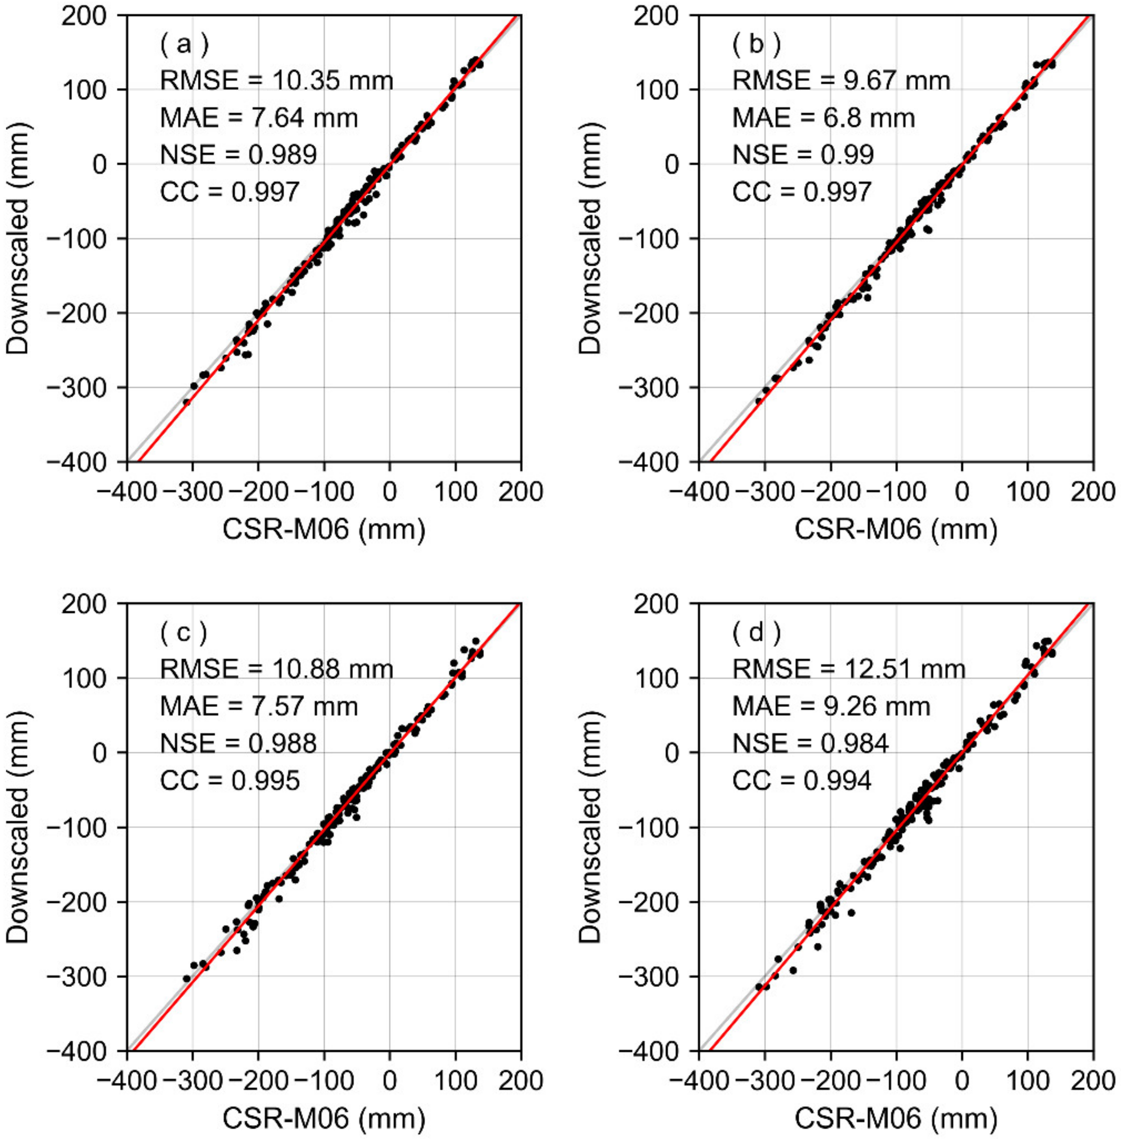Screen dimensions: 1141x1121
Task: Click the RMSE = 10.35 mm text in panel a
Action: (x=276, y=81)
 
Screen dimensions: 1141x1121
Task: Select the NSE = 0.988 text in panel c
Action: (x=239, y=744)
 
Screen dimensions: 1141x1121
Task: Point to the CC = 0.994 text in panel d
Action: (x=801, y=781)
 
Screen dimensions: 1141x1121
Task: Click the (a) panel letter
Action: (x=184, y=44)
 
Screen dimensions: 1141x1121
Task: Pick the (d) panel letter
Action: (x=757, y=633)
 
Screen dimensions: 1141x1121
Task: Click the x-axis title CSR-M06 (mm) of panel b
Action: (x=895, y=529)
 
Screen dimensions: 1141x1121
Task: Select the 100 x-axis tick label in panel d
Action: (x=1027, y=1080)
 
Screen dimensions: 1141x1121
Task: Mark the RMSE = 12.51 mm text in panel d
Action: (x=849, y=669)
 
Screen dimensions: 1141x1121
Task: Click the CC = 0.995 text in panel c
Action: (x=230, y=781)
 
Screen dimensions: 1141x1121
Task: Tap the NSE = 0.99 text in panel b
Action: (x=803, y=155)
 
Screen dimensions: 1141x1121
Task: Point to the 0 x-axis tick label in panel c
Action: (x=389, y=1080)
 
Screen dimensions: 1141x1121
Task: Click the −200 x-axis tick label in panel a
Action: (x=257, y=491)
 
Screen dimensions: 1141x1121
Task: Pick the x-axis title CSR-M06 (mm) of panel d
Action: (x=895, y=1118)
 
